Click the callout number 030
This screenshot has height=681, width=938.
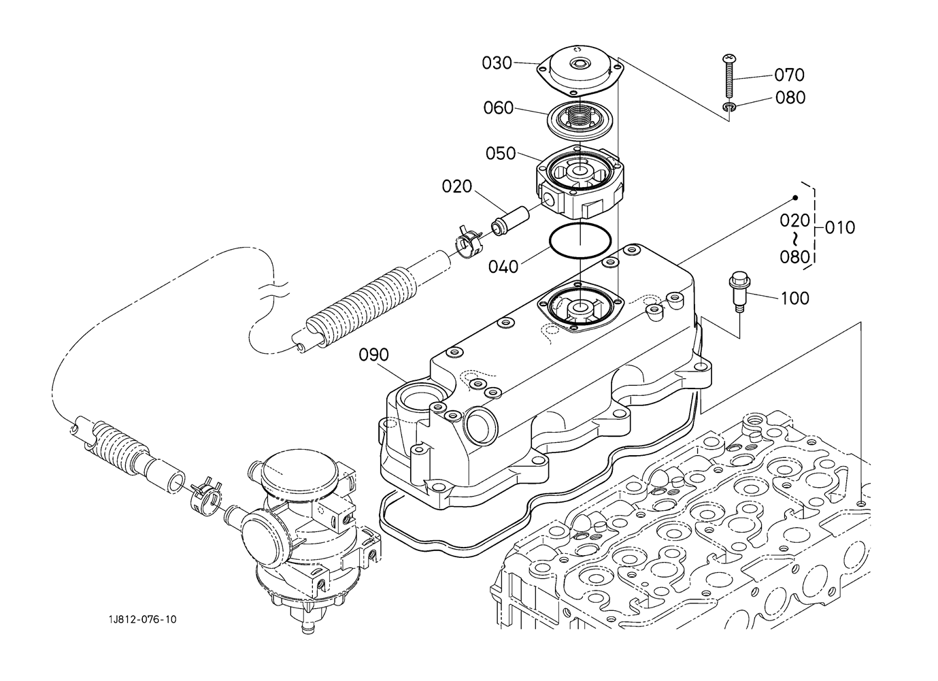click(497, 63)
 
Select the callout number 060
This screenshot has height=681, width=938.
click(499, 108)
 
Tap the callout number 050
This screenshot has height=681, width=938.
click(501, 154)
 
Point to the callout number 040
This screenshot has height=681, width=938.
click(503, 266)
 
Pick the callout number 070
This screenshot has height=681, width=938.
click(790, 75)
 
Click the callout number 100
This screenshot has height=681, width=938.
click(795, 298)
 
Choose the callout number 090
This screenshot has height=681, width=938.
click(374, 355)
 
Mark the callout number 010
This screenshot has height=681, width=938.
click(840, 227)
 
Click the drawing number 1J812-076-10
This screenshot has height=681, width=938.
click(144, 619)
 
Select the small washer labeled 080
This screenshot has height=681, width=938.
click(730, 106)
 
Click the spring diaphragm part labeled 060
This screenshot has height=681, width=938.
click(577, 120)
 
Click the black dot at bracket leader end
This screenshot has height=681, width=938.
click(795, 198)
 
